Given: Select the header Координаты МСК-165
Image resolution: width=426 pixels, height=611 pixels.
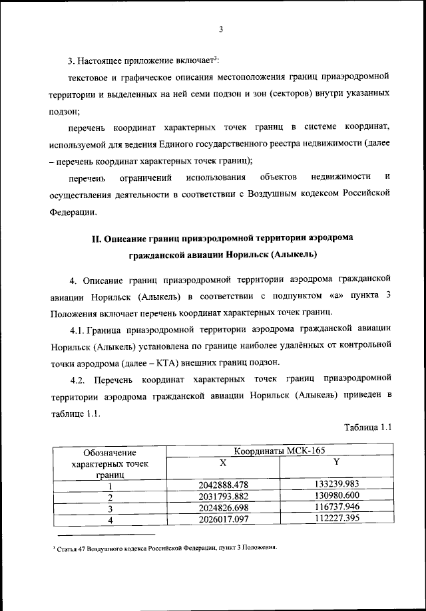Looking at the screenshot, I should [279, 450].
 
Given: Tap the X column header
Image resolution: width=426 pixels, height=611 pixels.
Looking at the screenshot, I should [223, 462].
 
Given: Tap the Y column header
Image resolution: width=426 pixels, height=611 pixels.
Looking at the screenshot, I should [336, 462].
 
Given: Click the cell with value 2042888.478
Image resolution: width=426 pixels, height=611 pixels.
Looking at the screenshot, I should [224, 485].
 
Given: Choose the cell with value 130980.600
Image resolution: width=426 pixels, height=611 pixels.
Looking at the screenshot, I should [336, 496].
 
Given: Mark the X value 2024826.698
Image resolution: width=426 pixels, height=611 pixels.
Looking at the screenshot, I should [224, 507].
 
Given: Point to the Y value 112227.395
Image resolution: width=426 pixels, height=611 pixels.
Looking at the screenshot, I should [336, 519].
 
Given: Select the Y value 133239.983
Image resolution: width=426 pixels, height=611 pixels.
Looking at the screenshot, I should [336, 485].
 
